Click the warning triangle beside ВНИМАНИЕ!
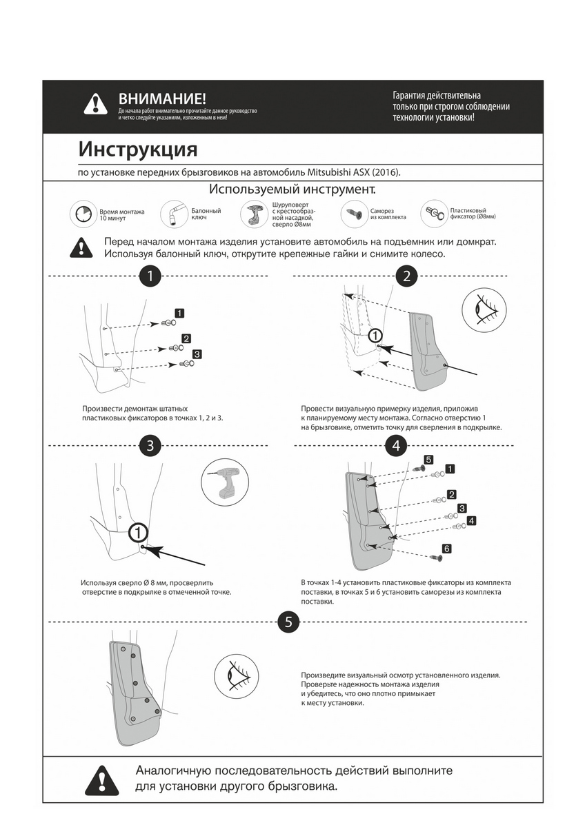tap(95, 104)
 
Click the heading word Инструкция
tap(137, 149)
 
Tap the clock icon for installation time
tap(82, 214)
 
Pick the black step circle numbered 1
tap(150, 276)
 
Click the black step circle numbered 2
tap(407, 276)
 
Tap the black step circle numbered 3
tap(150, 445)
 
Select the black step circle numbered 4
tap(396, 446)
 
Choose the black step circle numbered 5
tap(288, 622)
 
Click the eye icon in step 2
tap(484, 309)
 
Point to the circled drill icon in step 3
tap(224, 482)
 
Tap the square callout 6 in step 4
tap(446, 549)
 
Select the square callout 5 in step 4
tap(428, 459)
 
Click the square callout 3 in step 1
tap(197, 354)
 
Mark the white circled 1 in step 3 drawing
tap(138, 532)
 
